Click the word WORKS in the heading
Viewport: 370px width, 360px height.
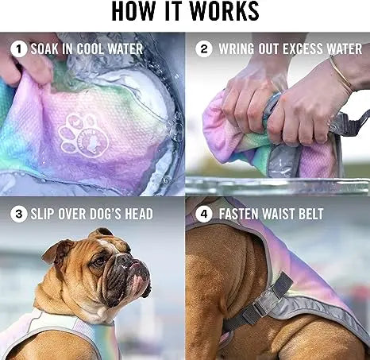pyautogui.click(x=225, y=11)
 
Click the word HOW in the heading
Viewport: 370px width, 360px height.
pyautogui.click(x=133, y=11)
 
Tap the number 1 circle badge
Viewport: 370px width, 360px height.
pyautogui.click(x=18, y=49)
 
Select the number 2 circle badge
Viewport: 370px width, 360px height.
pyautogui.click(x=203, y=48)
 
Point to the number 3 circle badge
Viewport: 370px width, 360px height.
pyautogui.click(x=18, y=214)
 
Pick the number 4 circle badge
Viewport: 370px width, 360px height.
pyautogui.click(x=203, y=214)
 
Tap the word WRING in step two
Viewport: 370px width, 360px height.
pyautogui.click(x=236, y=49)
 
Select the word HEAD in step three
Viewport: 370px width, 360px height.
pyautogui.click(x=139, y=214)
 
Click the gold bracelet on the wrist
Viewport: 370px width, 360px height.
pyautogui.click(x=341, y=74)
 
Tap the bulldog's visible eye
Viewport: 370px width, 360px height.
pyautogui.click(x=99, y=262)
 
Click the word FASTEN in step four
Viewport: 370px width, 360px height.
pyautogui.click(x=239, y=214)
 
